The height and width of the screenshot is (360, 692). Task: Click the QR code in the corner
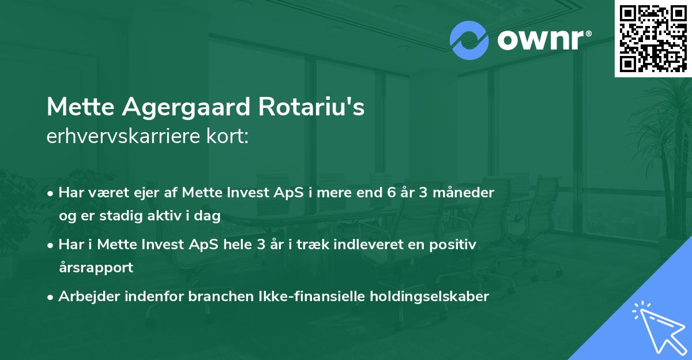click(x=653, y=38)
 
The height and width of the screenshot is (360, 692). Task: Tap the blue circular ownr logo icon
click(x=469, y=40)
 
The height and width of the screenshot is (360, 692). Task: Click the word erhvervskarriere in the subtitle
click(x=123, y=137)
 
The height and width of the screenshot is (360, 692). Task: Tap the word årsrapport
click(x=96, y=268)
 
